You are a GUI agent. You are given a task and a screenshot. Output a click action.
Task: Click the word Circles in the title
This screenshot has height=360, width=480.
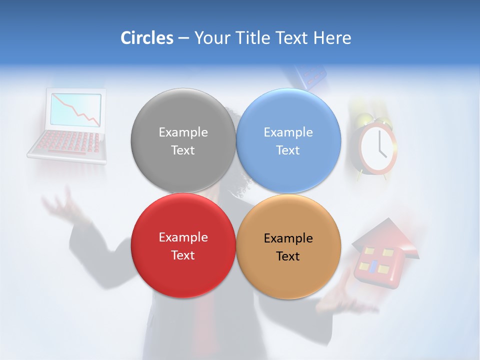click(146, 38)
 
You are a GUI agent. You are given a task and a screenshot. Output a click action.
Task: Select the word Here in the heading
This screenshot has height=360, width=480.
click(332, 38)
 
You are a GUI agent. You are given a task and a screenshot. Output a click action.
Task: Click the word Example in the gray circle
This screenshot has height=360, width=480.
click(183, 132)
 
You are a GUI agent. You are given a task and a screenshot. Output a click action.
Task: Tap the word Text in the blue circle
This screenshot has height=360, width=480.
click(288, 150)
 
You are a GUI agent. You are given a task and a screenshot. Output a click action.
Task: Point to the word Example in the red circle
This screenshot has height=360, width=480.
click(183, 237)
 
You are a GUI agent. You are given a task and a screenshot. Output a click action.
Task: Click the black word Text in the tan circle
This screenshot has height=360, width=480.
click(288, 256)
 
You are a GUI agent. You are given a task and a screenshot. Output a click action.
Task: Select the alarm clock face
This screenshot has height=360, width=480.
click(378, 148)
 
